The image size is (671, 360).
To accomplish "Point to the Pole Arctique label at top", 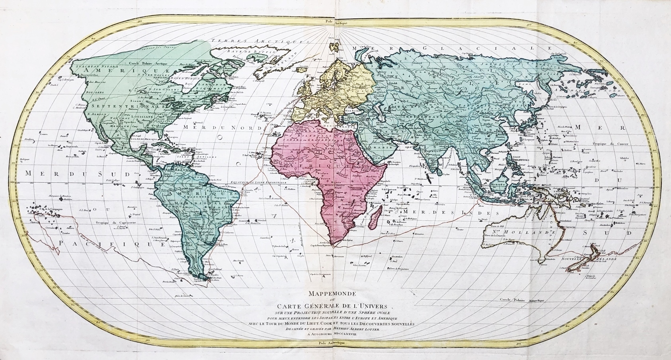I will [335, 23].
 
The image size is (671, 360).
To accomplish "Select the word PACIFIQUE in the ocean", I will [111, 243].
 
